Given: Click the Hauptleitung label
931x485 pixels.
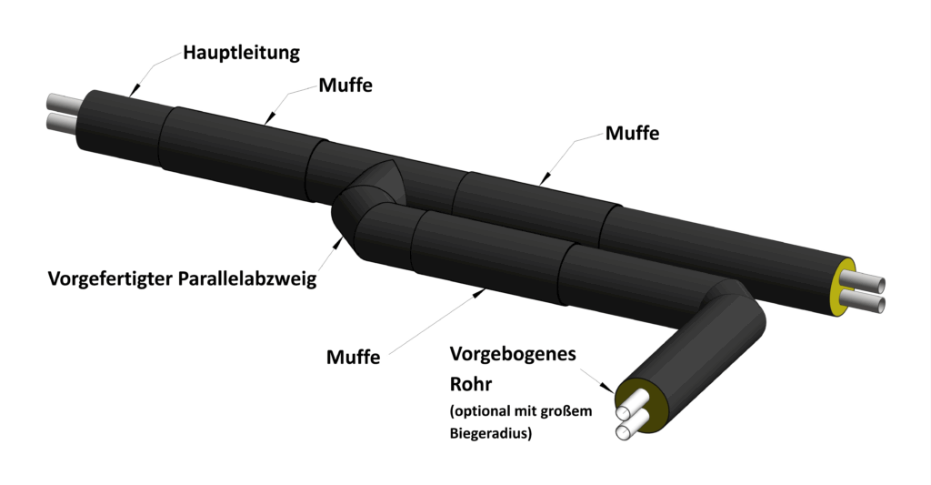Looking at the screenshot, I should (241, 52).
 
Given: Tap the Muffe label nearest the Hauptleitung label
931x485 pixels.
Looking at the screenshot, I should (345, 86).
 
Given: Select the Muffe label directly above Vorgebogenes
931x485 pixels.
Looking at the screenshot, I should (353, 357).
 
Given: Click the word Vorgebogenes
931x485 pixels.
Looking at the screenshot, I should (513, 354).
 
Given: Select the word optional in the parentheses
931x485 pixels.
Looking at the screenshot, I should (483, 411).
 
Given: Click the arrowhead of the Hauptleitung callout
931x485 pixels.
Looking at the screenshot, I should (131, 91).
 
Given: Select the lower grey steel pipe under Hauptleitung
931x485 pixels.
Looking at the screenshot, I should (64, 122).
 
